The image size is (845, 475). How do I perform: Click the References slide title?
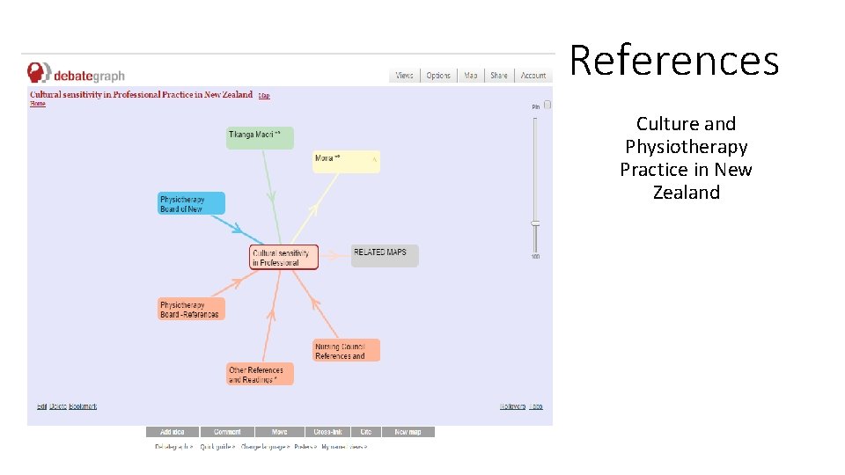pyautogui.click(x=674, y=61)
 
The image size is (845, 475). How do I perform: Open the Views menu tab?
pyautogui.click(x=404, y=76)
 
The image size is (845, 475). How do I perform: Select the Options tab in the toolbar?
pyautogui.click(x=438, y=76)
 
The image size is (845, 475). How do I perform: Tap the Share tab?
pyautogui.click(x=499, y=76)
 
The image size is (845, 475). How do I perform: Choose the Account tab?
pyautogui.click(x=533, y=76)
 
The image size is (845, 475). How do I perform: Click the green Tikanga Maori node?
pyautogui.click(x=260, y=137)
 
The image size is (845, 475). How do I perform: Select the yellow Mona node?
pyautogui.click(x=347, y=162)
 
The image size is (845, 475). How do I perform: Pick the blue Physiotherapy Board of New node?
pyautogui.click(x=192, y=204)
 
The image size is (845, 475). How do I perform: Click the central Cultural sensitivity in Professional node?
pyautogui.click(x=284, y=258)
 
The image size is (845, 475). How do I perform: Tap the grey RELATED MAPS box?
pyautogui.click(x=385, y=256)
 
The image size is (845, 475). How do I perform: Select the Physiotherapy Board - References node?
pyautogui.click(x=192, y=310)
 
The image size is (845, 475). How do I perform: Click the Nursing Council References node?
pyautogui.click(x=347, y=351)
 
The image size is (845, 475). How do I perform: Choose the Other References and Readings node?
pyautogui.click(x=260, y=375)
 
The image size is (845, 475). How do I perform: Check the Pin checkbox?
pyautogui.click(x=547, y=105)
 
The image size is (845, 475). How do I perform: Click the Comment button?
pyautogui.click(x=227, y=432)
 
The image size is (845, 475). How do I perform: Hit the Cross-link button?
pyautogui.click(x=328, y=432)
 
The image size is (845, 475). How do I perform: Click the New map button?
pyautogui.click(x=408, y=432)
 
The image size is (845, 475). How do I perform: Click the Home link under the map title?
pyautogui.click(x=38, y=104)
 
